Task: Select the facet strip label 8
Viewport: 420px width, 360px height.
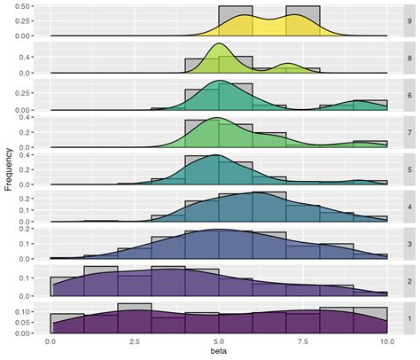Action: click(408, 58)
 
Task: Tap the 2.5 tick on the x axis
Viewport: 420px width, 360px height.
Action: click(136, 341)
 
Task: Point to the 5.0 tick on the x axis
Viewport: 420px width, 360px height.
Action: click(220, 341)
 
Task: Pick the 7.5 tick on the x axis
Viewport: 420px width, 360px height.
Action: click(303, 341)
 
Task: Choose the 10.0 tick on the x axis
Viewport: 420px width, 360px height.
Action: click(387, 341)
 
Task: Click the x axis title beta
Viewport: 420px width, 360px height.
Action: click(219, 353)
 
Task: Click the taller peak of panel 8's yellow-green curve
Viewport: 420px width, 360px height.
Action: click(220, 44)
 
